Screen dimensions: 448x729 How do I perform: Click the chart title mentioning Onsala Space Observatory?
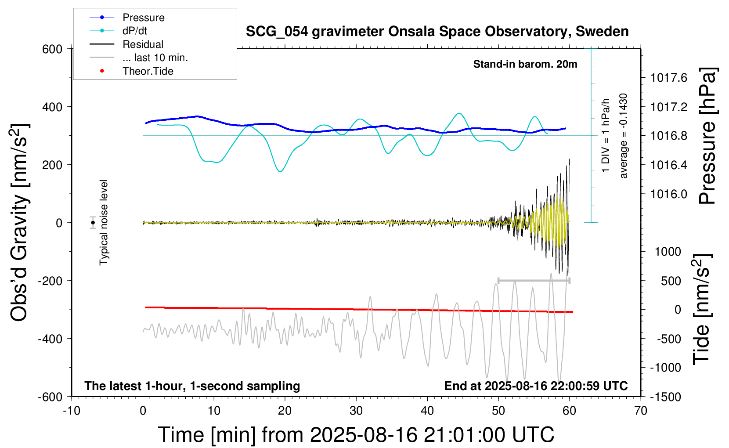tap(437, 32)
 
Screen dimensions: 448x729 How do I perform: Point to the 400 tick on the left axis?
tap(52, 107)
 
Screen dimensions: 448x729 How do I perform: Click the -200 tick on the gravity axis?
tap(51, 281)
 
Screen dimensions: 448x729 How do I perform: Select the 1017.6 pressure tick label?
tap(669, 78)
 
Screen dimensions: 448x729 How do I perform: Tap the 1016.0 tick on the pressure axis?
tap(669, 194)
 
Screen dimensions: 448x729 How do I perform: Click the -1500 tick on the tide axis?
tap(666, 397)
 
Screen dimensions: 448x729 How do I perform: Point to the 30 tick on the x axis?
tap(356, 411)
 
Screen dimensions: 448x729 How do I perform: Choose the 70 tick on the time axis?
tap(641, 411)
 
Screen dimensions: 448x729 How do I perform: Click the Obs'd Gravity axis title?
tap(19, 223)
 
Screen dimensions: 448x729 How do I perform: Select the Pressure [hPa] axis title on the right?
tap(707, 136)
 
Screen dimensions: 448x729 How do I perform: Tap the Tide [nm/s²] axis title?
tap(701, 309)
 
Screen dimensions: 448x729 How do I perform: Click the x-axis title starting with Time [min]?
tap(356, 435)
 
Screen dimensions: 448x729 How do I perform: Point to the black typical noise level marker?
tap(93, 223)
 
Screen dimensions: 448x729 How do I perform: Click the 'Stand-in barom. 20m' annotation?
tap(525, 64)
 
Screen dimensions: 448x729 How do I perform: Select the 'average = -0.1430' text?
tap(624, 136)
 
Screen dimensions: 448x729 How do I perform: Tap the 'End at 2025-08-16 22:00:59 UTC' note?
tap(536, 386)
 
